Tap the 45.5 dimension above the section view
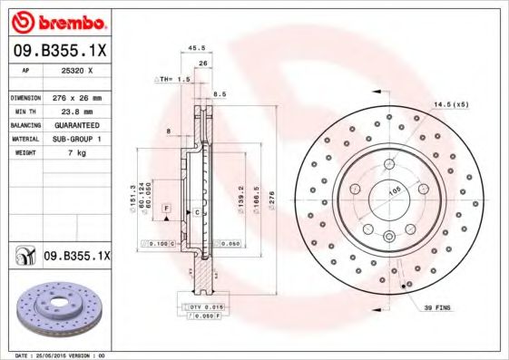click(x=195, y=49)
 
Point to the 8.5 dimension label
click(x=219, y=93)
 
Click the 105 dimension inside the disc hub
click(x=395, y=191)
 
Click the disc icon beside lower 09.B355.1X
click(x=23, y=257)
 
